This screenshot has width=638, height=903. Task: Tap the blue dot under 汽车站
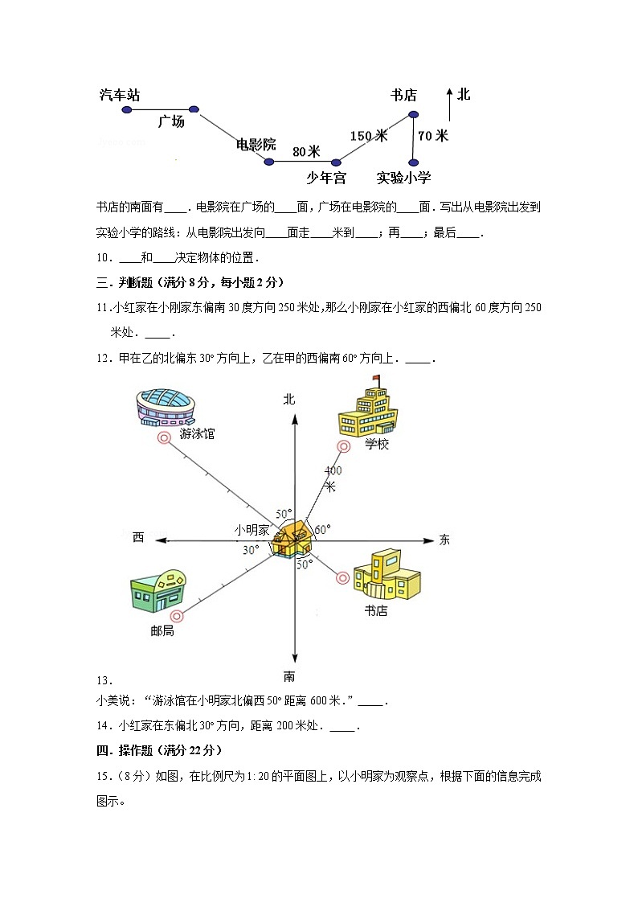coord(126,109)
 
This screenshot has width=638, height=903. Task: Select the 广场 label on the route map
coord(170,121)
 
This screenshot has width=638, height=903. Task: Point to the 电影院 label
coord(256,145)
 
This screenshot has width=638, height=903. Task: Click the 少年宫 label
coord(326,178)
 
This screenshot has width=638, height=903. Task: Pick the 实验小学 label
coord(403,178)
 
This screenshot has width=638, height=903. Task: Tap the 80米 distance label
coord(306,151)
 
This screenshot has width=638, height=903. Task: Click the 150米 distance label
coord(369,136)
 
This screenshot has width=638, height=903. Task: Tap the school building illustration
coord(368,410)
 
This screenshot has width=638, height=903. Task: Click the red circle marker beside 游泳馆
coord(164,438)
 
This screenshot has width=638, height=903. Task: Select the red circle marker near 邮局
coord(178,617)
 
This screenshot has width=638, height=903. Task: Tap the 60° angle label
coord(322,529)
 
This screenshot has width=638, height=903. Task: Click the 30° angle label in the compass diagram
coord(251,550)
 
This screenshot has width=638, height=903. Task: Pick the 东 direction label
coord(444,540)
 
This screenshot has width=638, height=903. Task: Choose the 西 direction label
coord(138,537)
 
